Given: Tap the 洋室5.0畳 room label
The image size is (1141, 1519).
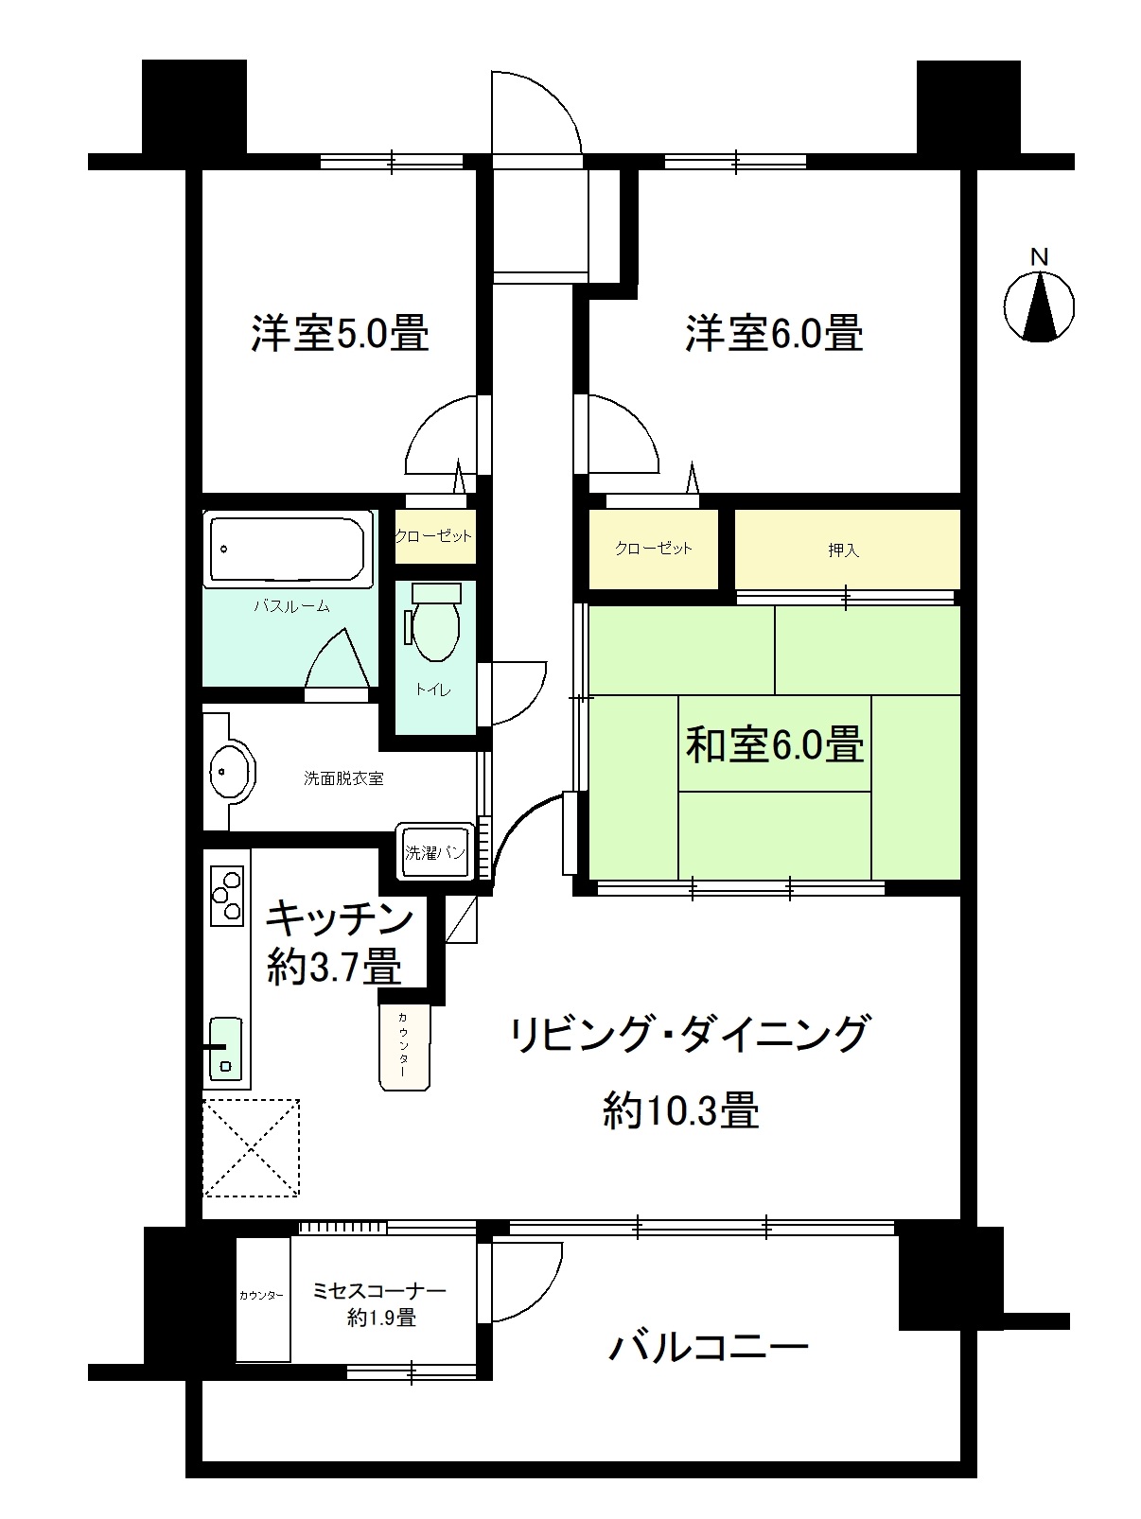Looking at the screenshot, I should (339, 334).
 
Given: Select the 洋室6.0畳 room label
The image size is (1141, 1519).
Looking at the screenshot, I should (774, 334).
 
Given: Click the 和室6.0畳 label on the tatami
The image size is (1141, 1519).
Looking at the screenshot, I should (774, 745).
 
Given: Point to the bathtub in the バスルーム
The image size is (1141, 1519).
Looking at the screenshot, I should (287, 550).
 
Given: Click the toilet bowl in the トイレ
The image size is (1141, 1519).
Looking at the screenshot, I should (436, 623).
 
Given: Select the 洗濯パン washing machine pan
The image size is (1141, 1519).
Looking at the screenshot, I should (434, 852).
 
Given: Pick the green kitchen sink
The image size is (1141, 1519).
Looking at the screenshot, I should (225, 1048).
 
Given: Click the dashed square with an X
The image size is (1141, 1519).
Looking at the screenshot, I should (251, 1147).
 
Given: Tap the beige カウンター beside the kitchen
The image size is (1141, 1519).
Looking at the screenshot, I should (404, 1047).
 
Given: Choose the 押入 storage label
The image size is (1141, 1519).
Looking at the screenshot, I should (843, 550).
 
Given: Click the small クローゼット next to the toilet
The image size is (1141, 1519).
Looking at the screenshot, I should (433, 536).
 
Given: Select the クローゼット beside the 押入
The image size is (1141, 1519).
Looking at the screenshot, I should (653, 549).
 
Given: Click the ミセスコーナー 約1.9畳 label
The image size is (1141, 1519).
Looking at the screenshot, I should (380, 1303).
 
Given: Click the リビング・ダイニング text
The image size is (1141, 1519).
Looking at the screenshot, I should (688, 1034).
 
